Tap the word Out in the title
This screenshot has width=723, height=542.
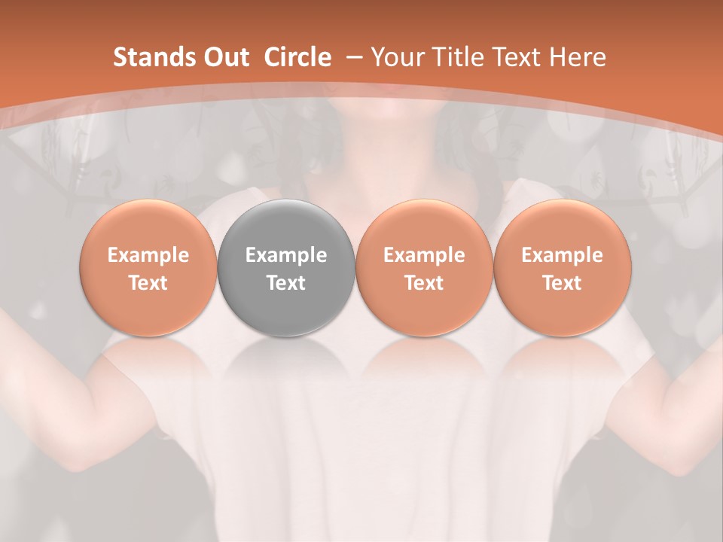(x=226, y=57)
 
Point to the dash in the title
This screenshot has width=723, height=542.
(x=352, y=58)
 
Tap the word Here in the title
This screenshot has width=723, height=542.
(x=577, y=57)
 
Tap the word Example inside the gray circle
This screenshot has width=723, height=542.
(x=286, y=255)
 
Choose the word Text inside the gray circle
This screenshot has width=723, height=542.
(x=286, y=283)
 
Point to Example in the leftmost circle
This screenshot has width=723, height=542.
(x=148, y=255)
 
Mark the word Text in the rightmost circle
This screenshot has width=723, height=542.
(x=563, y=283)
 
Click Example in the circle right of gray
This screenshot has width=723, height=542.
(x=425, y=255)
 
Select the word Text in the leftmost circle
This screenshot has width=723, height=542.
(x=148, y=283)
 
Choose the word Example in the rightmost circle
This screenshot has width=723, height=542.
(x=563, y=255)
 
